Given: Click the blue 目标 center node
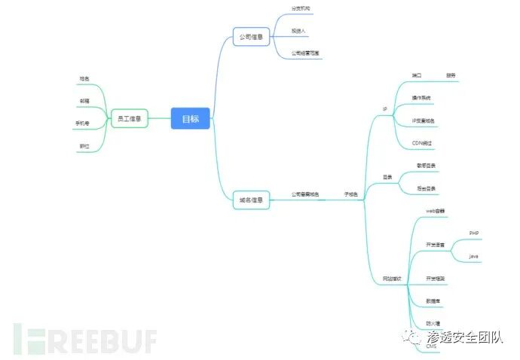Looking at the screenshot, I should [190, 118].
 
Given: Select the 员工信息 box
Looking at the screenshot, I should [130, 118].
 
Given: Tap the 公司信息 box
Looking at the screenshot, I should [251, 36].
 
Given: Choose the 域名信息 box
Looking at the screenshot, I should [251, 200].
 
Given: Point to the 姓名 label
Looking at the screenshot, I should [85, 78].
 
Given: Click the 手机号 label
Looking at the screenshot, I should [83, 123].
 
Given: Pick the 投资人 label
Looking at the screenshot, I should [299, 31].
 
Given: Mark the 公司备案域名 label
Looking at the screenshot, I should [304, 195].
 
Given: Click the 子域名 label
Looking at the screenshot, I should [351, 195].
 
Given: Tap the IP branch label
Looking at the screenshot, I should [384, 109].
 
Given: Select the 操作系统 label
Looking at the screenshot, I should [422, 98].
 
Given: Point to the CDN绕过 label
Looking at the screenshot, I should [422, 142].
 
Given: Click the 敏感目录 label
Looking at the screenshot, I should [427, 165].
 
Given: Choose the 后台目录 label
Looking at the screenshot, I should [427, 188].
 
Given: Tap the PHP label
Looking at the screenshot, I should [474, 233].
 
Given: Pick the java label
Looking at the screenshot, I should [474, 256].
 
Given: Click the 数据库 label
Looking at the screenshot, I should [433, 301].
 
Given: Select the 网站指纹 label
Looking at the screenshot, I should [392, 279].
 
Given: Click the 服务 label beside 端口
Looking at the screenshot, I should [451, 75].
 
